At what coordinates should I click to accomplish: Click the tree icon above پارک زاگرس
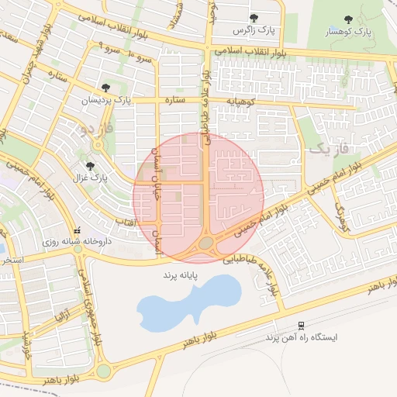254,17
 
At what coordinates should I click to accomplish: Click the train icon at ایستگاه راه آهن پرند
300,326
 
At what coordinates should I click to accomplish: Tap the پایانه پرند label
181,275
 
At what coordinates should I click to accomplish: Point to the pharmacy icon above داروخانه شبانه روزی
77,230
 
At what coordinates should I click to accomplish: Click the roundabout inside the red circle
205,243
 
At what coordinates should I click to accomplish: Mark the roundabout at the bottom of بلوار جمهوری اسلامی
103,371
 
